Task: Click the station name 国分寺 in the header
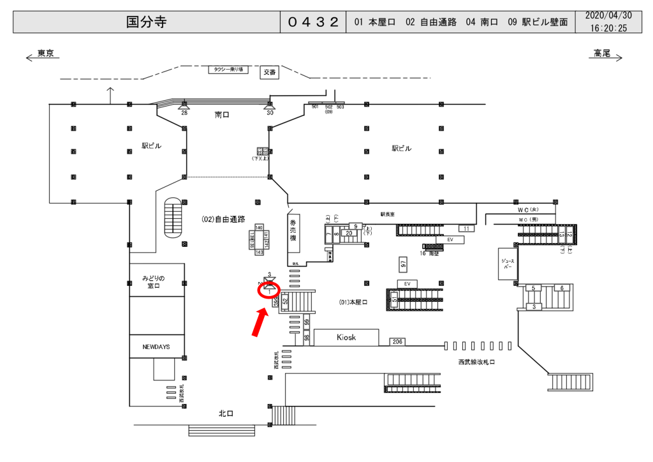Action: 146,22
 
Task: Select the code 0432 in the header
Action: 312,22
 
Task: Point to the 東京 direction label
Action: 45,54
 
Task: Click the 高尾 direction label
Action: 602,54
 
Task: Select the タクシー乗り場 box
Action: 228,70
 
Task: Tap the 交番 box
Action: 270,73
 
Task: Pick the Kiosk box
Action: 346,337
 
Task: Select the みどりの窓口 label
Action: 154,282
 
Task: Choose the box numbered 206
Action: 397,342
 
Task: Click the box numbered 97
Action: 403,263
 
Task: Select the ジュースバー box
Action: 509,264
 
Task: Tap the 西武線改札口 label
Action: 476,362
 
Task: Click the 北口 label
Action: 226,414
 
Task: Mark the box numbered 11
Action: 466,228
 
